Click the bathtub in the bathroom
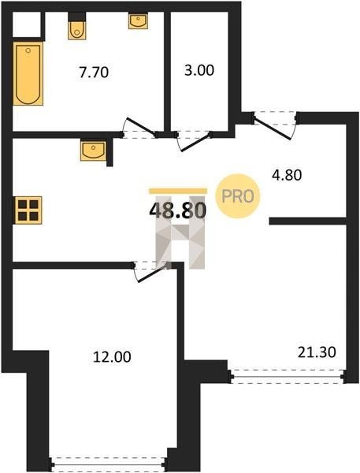pyautogui.click(x=28, y=73)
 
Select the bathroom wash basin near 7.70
pyautogui.click(x=138, y=20)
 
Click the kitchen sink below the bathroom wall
pyautogui.click(x=93, y=151)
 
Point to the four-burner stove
pyautogui.click(x=28, y=210)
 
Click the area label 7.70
pyautogui.click(x=94, y=73)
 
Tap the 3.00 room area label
pyautogui.click(x=199, y=70)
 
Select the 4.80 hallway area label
pyautogui.click(x=287, y=175)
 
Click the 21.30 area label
pyautogui.click(x=317, y=352)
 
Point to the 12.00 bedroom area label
pyautogui.click(x=112, y=357)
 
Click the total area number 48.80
pyautogui.click(x=178, y=210)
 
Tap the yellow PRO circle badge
pyautogui.click(x=238, y=196)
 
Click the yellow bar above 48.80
pyautogui.click(x=178, y=191)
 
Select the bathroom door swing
pyautogui.click(x=140, y=127)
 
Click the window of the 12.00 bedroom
pyautogui.click(x=108, y=462)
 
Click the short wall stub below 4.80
pyautogui.click(x=307, y=221)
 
